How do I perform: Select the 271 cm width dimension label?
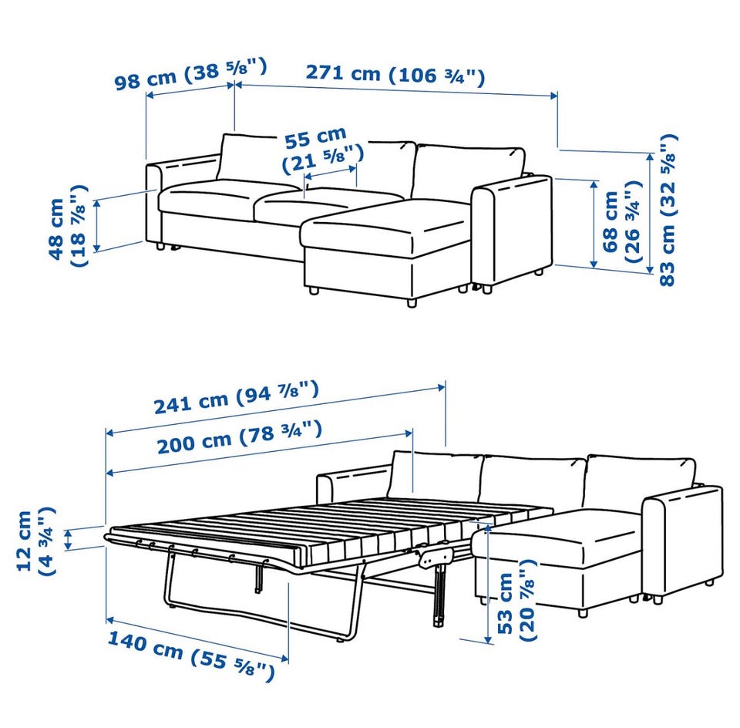point(395,74)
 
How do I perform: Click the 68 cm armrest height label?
point(621,222)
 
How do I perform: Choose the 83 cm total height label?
point(668,210)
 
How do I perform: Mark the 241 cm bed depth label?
point(237,397)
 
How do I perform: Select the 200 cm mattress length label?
point(240,438)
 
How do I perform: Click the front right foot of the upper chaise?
point(412,302)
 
